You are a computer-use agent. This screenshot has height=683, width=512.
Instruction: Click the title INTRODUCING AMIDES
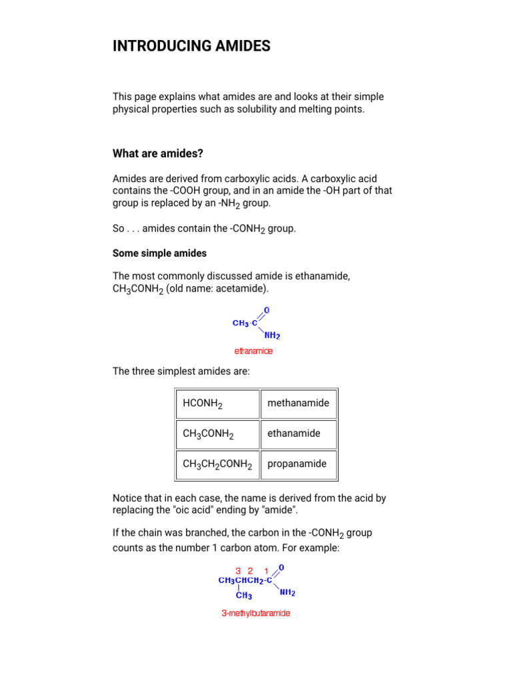[x=192, y=46]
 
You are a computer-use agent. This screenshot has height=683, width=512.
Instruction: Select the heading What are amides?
[x=158, y=154]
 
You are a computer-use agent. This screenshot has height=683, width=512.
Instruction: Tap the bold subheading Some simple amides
[x=159, y=253]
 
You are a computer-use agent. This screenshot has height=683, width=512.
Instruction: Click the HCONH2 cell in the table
[x=217, y=404]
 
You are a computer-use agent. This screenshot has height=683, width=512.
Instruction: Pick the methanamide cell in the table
[x=298, y=403]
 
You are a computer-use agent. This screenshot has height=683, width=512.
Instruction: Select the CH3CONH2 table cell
[x=217, y=434]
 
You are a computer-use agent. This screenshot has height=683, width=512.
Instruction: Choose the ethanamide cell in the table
[x=298, y=434]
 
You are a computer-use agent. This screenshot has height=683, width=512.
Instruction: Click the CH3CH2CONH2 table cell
[x=217, y=464]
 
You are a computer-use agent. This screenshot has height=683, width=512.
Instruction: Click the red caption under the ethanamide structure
[x=253, y=351]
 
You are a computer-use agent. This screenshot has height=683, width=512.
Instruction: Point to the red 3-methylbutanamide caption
[x=256, y=614]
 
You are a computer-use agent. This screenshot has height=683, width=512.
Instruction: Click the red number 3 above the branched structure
[x=238, y=571]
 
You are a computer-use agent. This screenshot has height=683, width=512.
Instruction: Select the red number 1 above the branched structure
[x=267, y=571]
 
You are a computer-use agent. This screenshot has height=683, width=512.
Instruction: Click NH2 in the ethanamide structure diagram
[x=272, y=336]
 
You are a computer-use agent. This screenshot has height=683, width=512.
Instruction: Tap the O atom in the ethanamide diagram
[x=267, y=311]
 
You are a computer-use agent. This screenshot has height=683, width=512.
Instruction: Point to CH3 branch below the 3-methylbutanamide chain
[x=244, y=596]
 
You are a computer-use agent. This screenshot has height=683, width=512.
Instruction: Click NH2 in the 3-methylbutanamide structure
[x=287, y=592]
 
